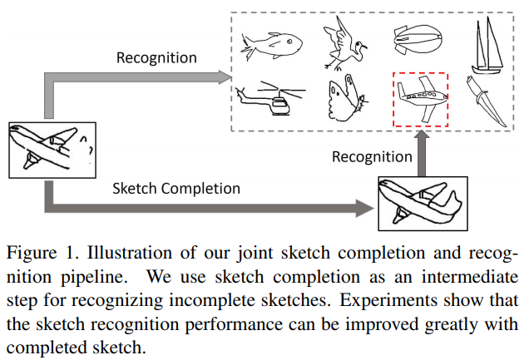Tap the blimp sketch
click(x=414, y=41)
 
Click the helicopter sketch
click(x=269, y=101)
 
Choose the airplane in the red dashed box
click(x=420, y=99)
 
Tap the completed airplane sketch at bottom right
click(x=420, y=203)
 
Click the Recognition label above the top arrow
click(x=156, y=57)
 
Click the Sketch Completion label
click(x=176, y=188)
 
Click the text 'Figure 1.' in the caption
click(x=40, y=251)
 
